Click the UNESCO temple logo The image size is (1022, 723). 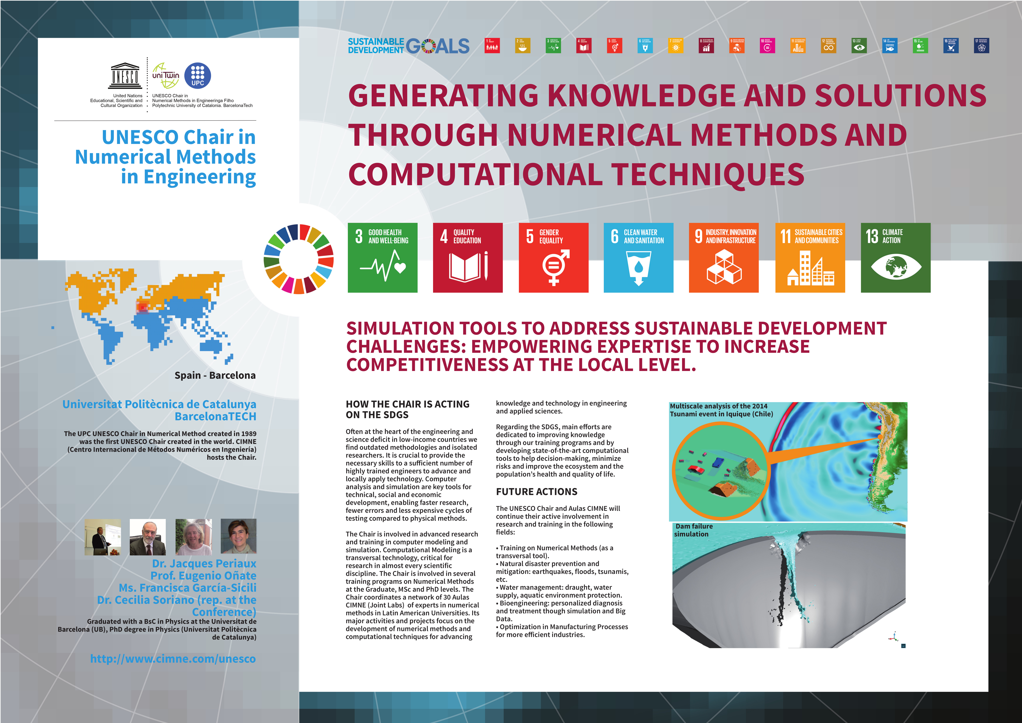pyautogui.click(x=125, y=76)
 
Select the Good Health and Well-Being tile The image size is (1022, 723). pyautogui.click(x=382, y=258)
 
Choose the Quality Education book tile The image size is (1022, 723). pyautogui.click(x=468, y=258)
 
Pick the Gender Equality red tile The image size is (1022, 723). pyautogui.click(x=553, y=258)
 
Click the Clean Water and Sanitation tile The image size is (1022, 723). pyautogui.click(x=638, y=258)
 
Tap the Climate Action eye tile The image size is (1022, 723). pyautogui.click(x=896, y=258)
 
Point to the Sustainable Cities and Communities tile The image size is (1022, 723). pyautogui.click(x=810, y=258)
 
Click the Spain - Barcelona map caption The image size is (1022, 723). pyautogui.click(x=215, y=375)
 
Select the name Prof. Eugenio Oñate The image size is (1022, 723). pyautogui.click(x=203, y=576)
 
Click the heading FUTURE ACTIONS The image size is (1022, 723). pyautogui.click(x=536, y=492)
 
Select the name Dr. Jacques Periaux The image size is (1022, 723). pyautogui.click(x=204, y=564)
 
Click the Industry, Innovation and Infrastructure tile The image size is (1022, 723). pyautogui.click(x=724, y=258)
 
